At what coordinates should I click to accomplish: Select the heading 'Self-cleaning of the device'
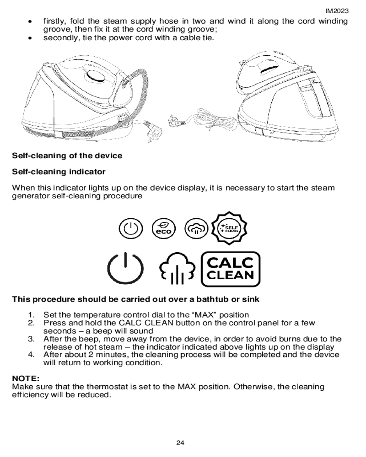[x=67, y=155]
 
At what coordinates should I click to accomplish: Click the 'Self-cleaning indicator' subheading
[x=59, y=172]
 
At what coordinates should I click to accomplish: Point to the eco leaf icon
[x=164, y=228]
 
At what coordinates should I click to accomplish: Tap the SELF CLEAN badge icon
[x=231, y=227]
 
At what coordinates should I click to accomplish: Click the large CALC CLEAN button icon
[x=231, y=269]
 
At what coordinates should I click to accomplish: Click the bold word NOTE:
[x=26, y=379]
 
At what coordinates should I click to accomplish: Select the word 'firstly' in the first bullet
[x=54, y=21]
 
